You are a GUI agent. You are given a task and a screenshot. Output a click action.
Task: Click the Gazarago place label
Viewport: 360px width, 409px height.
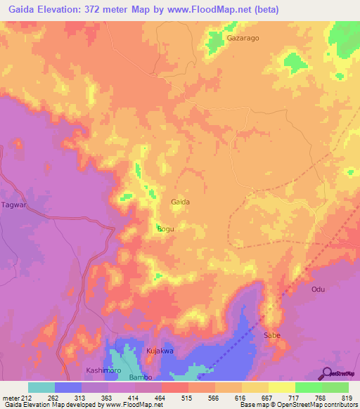[x=243, y=39]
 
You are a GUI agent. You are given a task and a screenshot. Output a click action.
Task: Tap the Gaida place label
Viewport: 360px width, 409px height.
[x=181, y=202]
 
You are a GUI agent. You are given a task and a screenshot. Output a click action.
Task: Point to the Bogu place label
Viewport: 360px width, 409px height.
[x=165, y=229]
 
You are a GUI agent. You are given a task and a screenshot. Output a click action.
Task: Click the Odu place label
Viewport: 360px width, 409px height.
[x=319, y=289]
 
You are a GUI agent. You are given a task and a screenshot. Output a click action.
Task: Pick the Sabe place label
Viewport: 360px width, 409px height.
[x=272, y=335]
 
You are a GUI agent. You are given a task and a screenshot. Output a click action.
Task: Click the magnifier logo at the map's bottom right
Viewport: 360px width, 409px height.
[x=327, y=373]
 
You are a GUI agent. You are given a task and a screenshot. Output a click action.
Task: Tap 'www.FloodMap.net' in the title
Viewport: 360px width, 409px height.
[x=215, y=10]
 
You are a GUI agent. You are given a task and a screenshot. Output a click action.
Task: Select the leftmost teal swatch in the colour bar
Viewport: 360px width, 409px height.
[x=41, y=387]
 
